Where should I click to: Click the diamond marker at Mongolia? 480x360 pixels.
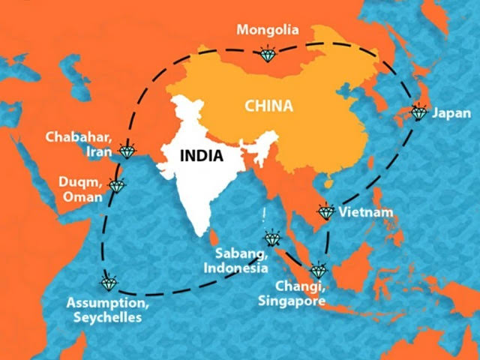pos(267,54)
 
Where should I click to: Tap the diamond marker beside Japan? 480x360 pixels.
pos(418,113)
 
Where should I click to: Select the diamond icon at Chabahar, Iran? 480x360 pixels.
pos(129,152)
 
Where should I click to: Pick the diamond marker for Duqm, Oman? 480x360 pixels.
pos(116,184)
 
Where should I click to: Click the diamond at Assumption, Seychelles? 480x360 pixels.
pos(109,283)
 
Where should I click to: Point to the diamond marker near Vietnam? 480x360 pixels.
pos(325,212)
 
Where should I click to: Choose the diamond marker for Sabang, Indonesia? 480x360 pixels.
pos(271,240)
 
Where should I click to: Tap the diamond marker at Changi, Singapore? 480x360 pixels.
pos(319,271)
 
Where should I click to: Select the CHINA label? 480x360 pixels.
pos(268,106)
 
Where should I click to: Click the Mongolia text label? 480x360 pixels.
pos(268,31)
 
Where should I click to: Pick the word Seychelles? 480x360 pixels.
pos(107,318)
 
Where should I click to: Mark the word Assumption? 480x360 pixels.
pos(107,304)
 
